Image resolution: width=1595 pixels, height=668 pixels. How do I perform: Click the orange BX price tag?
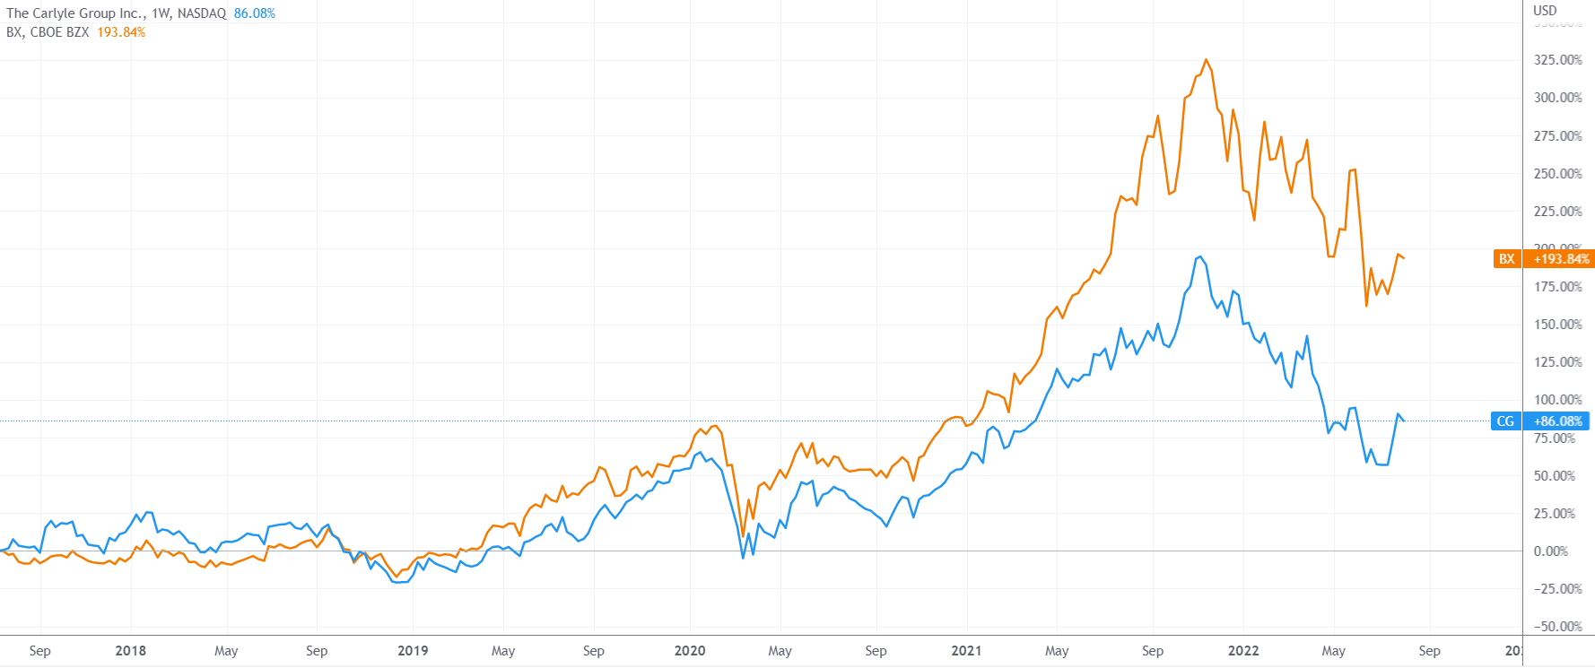pos(1506,259)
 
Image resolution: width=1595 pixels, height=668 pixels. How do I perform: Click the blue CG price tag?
pos(1505,421)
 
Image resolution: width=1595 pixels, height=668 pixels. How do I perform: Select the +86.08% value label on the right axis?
pos(1558,421)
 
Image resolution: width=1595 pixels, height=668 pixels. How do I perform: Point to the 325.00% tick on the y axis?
pos(1557,60)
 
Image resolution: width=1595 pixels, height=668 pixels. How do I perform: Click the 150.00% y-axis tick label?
pos(1557,325)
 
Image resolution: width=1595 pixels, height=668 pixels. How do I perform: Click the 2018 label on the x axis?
pos(130,651)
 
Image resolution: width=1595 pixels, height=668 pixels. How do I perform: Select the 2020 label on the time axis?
pos(690,651)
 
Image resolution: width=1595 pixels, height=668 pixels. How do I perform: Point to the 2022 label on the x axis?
pos(1243,651)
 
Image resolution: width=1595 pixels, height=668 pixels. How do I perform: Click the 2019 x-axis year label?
pos(413,651)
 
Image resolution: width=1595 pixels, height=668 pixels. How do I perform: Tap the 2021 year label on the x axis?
pos(966,651)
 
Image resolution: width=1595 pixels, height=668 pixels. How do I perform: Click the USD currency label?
pos(1545,11)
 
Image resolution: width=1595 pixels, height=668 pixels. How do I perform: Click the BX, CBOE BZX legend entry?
pos(48,32)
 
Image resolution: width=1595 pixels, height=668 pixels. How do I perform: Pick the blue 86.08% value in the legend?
pos(255,13)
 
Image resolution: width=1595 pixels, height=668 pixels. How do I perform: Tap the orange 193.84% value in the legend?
pos(121,32)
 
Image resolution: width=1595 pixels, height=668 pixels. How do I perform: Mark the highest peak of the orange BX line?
pos(1207,60)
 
